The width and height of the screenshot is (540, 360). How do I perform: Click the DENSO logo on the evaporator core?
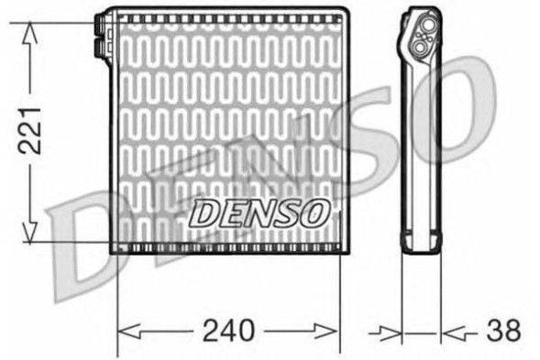point(259,213)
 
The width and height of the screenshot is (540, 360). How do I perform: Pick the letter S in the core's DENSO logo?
point(290,213)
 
